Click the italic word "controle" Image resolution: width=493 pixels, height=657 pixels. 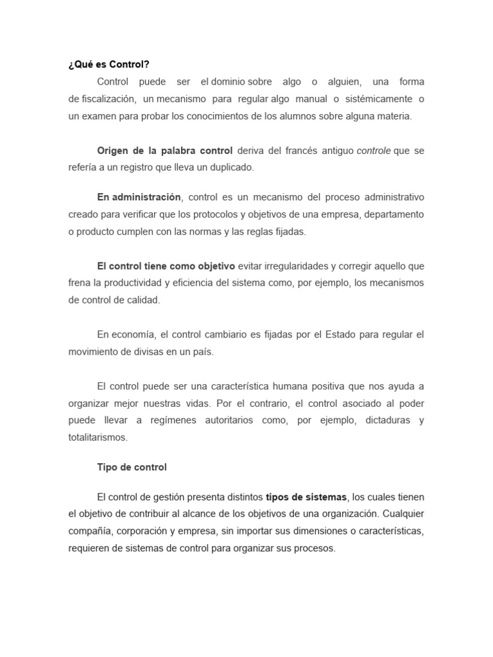(374, 151)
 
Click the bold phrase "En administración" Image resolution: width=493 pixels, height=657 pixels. (139, 197)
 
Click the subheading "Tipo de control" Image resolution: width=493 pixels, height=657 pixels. (132, 467)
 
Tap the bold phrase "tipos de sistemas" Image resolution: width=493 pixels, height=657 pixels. (306, 497)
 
